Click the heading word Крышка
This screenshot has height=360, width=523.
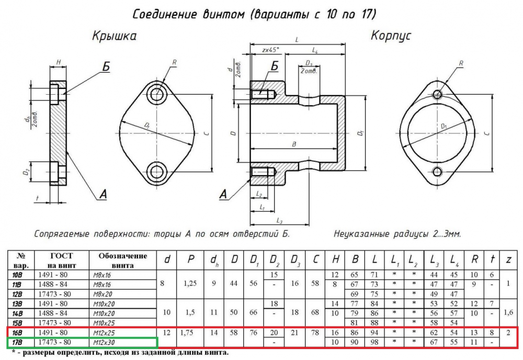click(114, 36)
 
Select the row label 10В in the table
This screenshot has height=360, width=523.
click(17, 275)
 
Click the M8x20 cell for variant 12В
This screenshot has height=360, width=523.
click(102, 294)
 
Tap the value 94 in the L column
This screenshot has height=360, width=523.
click(374, 332)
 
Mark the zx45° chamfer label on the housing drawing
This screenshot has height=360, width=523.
click(270, 50)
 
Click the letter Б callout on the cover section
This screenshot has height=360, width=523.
click(106, 67)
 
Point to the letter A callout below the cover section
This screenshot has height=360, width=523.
click(103, 195)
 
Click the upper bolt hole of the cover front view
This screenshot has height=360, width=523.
click(156, 94)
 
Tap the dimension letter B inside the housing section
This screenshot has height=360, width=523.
click(294, 144)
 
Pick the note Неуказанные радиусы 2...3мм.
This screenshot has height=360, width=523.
click(397, 234)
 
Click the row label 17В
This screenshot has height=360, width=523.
click(17, 342)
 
